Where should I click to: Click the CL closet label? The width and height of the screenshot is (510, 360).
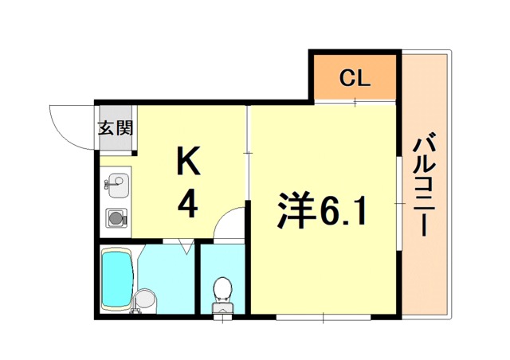point(354,78)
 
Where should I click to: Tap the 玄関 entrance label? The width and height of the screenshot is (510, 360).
point(115,128)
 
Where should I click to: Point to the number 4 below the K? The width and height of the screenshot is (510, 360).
point(188,206)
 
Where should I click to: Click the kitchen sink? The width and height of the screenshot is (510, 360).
point(116,186)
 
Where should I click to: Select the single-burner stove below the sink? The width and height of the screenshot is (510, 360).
point(116,217)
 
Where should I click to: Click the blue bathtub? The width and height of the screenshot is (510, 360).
point(117,279)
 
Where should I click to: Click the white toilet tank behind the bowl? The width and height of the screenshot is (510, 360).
point(222,309)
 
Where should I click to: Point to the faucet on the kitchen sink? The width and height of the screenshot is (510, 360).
point(108,184)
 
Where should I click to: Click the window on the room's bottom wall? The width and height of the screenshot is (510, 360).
point(323,318)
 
